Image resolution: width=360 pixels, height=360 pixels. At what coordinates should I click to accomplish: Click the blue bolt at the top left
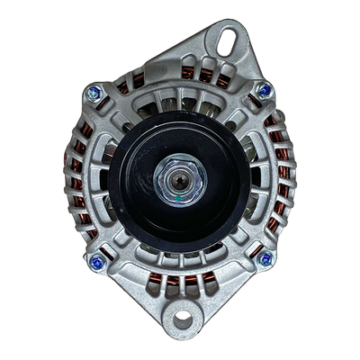[x=93, y=92]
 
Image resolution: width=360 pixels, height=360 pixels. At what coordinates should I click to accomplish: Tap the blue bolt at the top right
[x=264, y=89]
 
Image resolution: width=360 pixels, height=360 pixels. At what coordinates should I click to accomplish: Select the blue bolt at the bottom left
[x=97, y=263]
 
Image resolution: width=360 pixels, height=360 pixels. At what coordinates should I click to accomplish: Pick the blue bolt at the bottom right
[x=265, y=259]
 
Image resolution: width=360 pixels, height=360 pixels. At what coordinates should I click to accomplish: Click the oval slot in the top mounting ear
[x=226, y=40]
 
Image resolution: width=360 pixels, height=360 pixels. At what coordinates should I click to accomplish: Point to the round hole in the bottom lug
[x=184, y=319]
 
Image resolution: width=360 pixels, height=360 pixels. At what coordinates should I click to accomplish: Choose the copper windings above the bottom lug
[x=185, y=286]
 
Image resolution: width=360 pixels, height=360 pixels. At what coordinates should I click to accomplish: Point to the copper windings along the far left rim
[x=74, y=180]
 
